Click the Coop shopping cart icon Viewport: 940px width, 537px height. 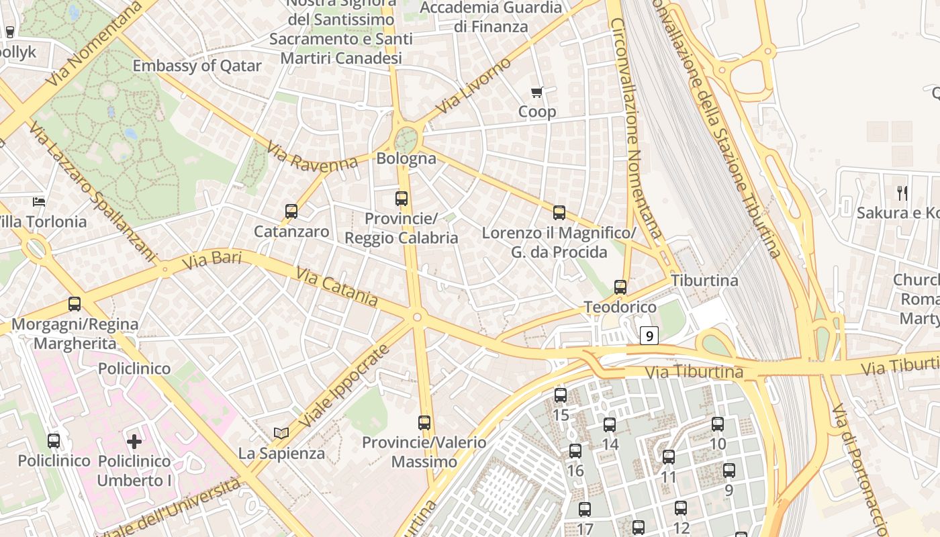536,93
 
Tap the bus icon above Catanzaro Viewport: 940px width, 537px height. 291,211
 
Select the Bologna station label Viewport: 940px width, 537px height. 406,159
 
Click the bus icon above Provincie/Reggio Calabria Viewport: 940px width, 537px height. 402,199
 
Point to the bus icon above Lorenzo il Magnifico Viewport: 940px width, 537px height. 559,213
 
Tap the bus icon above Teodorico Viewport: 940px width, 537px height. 620,287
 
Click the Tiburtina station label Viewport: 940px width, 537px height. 704,281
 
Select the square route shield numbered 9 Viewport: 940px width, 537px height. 649,335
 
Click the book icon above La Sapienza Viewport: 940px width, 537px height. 281,434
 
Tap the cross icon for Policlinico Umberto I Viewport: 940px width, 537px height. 134,441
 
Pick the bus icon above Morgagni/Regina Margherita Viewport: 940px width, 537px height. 75,304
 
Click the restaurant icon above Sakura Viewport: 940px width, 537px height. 902,193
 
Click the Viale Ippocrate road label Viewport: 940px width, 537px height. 344,387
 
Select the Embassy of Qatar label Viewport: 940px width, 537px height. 197,66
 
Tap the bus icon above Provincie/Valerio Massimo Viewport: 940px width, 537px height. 424,423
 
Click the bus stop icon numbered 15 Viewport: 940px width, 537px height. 561,395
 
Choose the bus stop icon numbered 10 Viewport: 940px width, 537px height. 718,424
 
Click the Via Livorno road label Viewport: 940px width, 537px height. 473,86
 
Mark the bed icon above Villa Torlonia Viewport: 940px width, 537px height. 39,201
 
